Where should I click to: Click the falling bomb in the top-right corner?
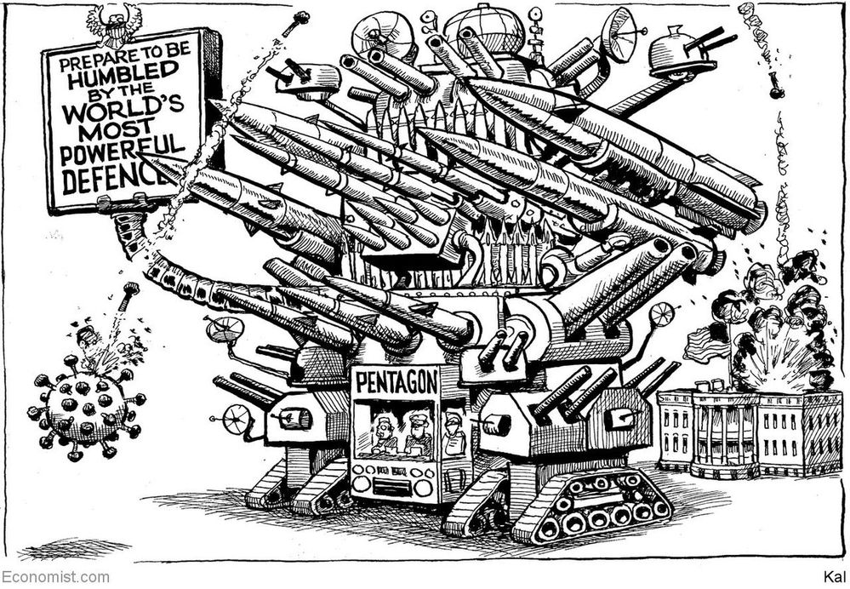(773, 84)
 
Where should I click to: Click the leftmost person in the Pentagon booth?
(383, 434)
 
